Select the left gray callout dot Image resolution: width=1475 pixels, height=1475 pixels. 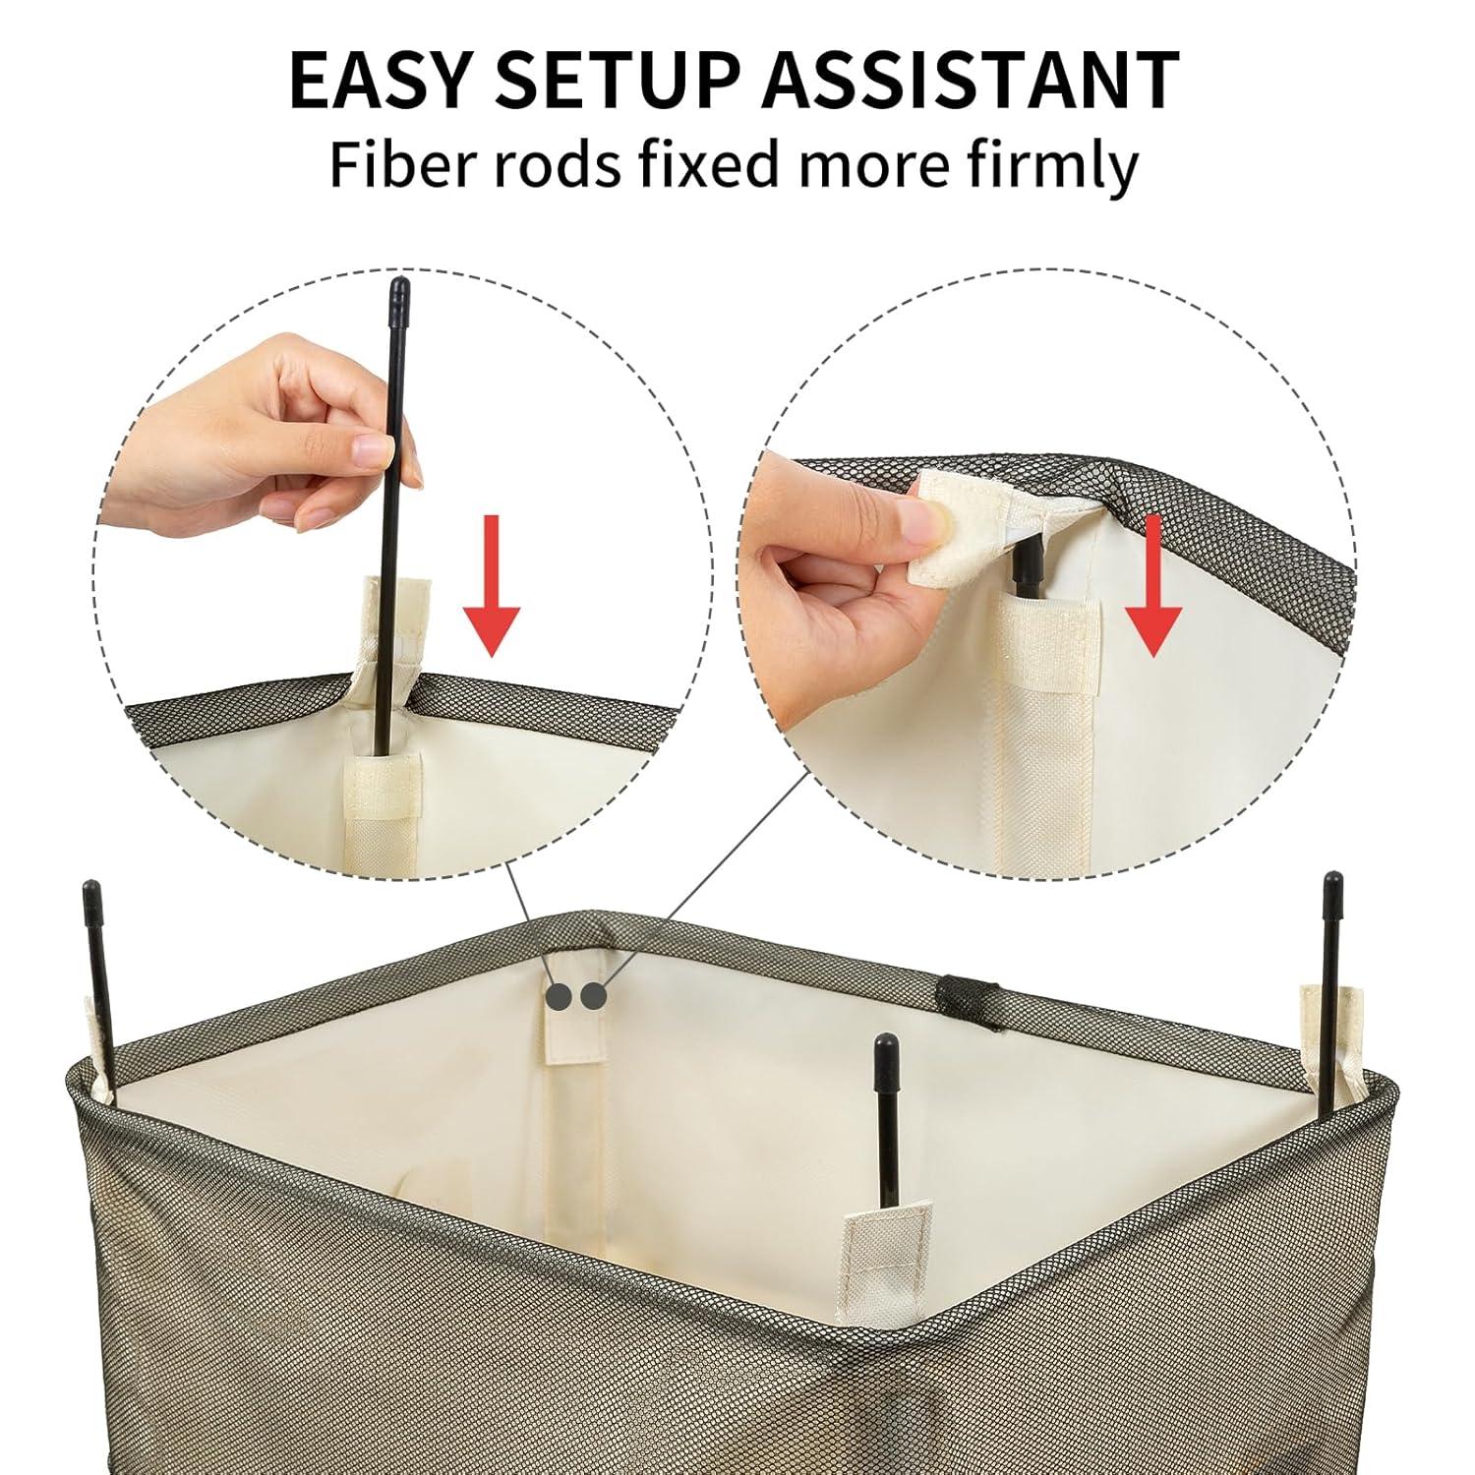pyautogui.click(x=559, y=998)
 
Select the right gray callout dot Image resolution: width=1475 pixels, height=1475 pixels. pyautogui.click(x=593, y=998)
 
